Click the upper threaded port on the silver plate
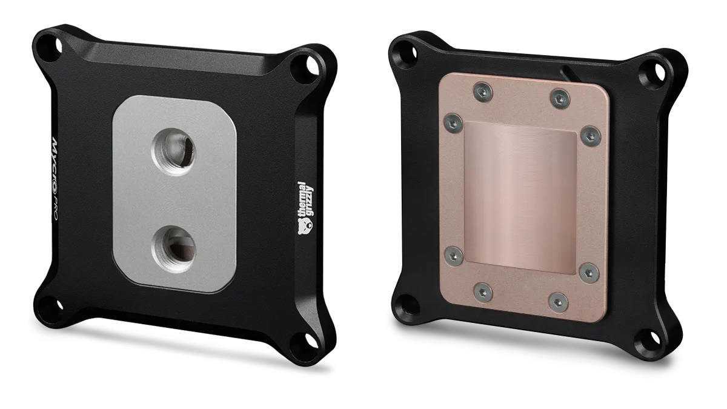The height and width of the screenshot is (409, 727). pyautogui.click(x=173, y=151)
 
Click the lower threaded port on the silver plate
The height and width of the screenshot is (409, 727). pyautogui.click(x=173, y=249)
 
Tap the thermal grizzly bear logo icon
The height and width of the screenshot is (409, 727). pyautogui.click(x=305, y=226)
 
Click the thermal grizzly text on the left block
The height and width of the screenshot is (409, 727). pyautogui.click(x=305, y=199)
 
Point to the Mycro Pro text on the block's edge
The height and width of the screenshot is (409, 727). pyautogui.click(x=54, y=179)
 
